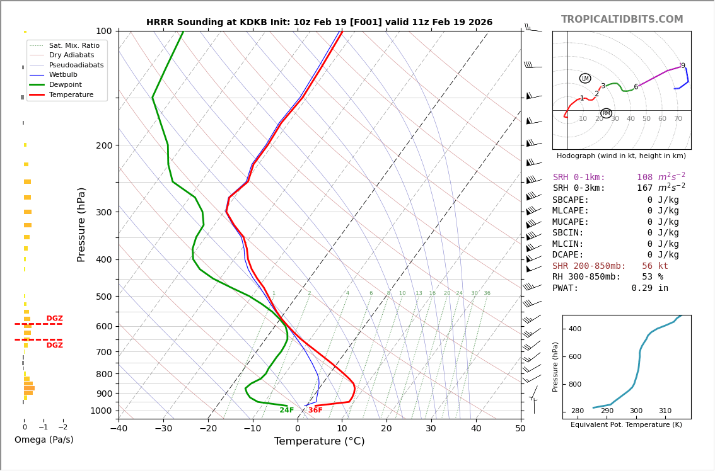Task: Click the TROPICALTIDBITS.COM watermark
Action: (622, 20)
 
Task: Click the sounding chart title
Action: (319, 23)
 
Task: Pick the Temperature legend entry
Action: (71, 94)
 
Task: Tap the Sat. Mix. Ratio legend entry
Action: (74, 46)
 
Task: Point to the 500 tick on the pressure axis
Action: (103, 297)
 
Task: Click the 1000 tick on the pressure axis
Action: (101, 411)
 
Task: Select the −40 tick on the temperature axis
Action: (119, 429)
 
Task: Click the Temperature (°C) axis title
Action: (319, 441)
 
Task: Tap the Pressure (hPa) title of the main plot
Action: (81, 224)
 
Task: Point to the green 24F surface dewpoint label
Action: (287, 411)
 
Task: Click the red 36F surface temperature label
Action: (315, 411)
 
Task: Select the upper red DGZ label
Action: (54, 319)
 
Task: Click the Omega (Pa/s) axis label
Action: (44, 440)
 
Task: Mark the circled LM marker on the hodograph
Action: (585, 79)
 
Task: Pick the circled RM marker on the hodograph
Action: (606, 113)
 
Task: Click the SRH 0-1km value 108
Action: (644, 178)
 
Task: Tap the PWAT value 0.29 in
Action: (649, 288)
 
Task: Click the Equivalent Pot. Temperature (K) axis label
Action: (626, 425)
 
